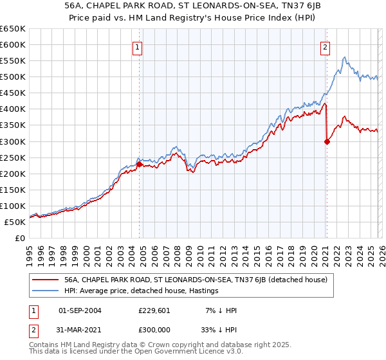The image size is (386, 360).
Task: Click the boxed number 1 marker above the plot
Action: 138,46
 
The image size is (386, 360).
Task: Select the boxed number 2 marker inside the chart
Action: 326,46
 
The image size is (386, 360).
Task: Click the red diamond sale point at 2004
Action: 139,164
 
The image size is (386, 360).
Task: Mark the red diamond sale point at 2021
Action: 327,141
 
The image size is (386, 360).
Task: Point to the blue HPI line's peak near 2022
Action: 345,58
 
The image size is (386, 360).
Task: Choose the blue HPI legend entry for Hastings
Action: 142,291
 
